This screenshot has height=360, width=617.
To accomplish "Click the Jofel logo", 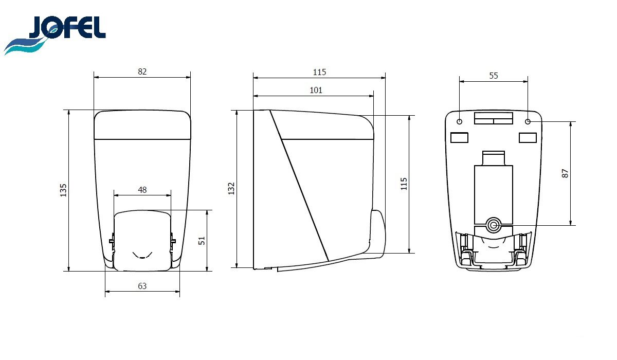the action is tap(55, 35).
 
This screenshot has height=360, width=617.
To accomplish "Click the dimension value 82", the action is tap(142, 71).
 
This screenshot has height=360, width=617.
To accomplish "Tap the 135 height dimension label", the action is tap(63, 190).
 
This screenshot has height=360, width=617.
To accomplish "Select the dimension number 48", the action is tap(142, 190).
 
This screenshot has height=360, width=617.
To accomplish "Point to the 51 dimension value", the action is tap(202, 241).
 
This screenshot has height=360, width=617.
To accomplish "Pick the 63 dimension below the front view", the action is tap(142, 286).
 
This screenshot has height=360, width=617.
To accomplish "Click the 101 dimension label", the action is tap(316, 90).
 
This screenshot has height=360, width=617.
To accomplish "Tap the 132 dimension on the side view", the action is tap(231, 189).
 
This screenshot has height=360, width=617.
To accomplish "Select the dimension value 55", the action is tap(494, 76).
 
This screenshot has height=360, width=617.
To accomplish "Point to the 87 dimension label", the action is tap(565, 173).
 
